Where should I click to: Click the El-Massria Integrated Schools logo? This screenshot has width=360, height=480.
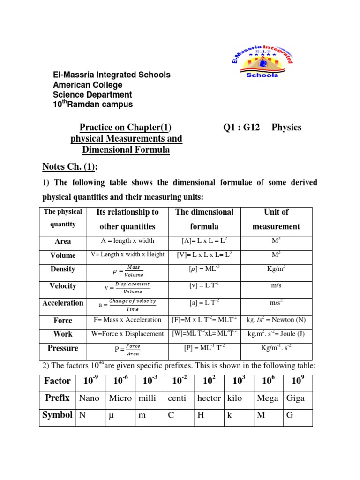pyautogui.click(x=262, y=58)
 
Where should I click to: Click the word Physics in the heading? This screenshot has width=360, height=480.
pyautogui.click(x=286, y=127)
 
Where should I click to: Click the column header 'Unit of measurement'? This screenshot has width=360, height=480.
pyautogui.click(x=276, y=219)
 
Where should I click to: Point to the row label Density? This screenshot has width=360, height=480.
pyautogui.click(x=63, y=269)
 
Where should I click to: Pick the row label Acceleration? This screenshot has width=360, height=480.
pyautogui.click(x=63, y=303)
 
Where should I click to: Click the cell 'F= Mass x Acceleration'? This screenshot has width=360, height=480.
pyautogui.click(x=127, y=320)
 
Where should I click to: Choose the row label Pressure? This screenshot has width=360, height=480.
pyautogui.click(x=63, y=348)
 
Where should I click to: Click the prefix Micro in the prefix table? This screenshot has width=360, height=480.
pyautogui.click(x=120, y=398)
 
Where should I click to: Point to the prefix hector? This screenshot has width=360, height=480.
pyautogui.click(x=209, y=398)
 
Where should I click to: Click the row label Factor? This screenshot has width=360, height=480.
pyautogui.click(x=57, y=381)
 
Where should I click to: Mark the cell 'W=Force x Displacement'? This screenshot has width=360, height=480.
pyautogui.click(x=127, y=334)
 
